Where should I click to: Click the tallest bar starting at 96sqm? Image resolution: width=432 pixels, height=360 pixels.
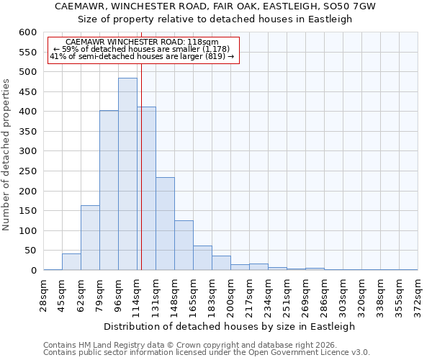(127, 174)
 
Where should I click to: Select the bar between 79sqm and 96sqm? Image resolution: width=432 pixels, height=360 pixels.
(109, 190)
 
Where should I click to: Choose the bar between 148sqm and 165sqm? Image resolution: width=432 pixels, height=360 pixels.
(184, 245)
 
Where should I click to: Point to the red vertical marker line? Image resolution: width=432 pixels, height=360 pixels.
(141, 180)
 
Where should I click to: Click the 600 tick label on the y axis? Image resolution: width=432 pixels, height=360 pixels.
(27, 32)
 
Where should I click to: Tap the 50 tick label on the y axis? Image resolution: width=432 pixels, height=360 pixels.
(30, 251)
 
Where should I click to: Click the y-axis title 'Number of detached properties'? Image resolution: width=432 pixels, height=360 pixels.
(6, 155)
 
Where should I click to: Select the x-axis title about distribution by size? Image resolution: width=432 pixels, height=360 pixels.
(230, 326)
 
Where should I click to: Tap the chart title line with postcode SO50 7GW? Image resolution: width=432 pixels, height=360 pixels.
(215, 6)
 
